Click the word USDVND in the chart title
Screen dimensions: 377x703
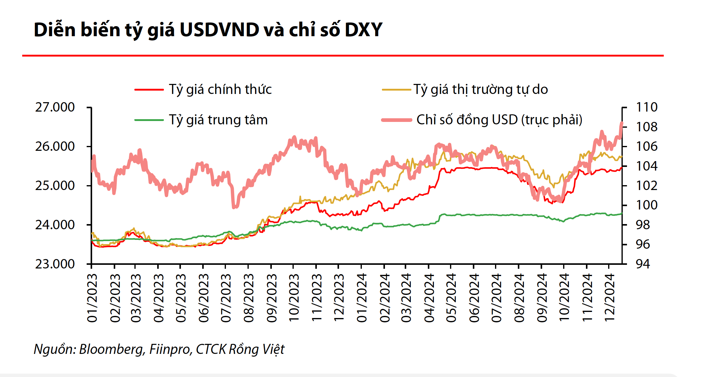pyautogui.click(x=219, y=30)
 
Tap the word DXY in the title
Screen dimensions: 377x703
pyautogui.click(x=363, y=30)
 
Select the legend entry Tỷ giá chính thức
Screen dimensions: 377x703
pyautogui.click(x=220, y=89)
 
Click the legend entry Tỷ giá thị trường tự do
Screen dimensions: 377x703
pyautogui.click(x=480, y=89)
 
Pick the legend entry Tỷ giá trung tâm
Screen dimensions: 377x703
pyautogui.click(x=218, y=120)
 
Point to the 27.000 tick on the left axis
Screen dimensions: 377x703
pyautogui.click(x=55, y=107)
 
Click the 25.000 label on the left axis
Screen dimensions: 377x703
pyautogui.click(x=55, y=185)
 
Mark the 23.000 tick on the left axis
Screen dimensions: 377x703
pyautogui.click(x=55, y=264)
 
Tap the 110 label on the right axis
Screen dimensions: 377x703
pyautogui.click(x=646, y=107)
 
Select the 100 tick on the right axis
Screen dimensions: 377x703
pyautogui.click(x=646, y=205)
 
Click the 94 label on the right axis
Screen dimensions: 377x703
pyautogui.click(x=643, y=264)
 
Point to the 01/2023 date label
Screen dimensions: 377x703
pyautogui.click(x=92, y=298)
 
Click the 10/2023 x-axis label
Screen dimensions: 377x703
pyautogui.click(x=294, y=298)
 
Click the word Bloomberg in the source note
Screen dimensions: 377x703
pyautogui.click(x=111, y=349)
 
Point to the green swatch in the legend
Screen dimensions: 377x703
pyautogui.click(x=149, y=120)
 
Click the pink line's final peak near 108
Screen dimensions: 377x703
pyautogui.click(x=621, y=123)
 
